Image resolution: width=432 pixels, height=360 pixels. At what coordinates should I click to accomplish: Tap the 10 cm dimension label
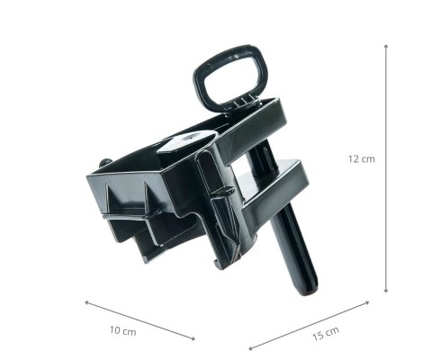tap(122, 331)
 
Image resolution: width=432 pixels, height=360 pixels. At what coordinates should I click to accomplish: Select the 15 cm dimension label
tap(327, 332)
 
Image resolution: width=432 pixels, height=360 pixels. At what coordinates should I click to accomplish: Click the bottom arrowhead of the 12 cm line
tap(386, 291)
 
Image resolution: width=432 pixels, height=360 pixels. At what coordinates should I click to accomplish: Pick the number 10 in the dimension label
tap(116, 330)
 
